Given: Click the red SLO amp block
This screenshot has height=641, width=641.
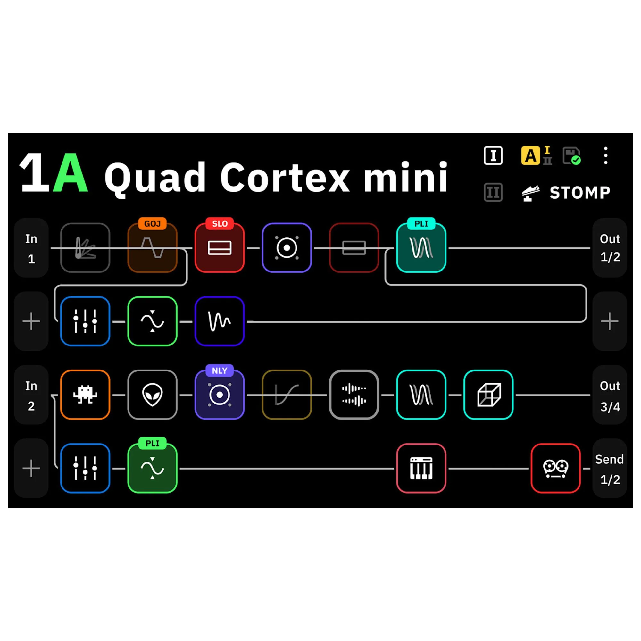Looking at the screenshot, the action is tap(220, 247).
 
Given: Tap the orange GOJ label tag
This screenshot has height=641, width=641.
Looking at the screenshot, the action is tap(152, 224).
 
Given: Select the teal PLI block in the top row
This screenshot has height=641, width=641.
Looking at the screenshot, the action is tap(421, 247).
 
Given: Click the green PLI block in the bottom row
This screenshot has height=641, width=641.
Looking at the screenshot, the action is tap(152, 468).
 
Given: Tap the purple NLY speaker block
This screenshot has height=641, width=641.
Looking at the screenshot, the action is tap(220, 395).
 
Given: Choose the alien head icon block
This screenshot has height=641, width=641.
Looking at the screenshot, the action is tap(152, 395).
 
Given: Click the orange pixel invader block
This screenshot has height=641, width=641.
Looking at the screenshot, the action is tap(85, 395).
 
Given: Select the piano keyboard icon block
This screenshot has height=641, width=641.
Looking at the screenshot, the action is tap(421, 468).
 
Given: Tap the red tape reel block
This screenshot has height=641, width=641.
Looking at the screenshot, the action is tap(555, 468).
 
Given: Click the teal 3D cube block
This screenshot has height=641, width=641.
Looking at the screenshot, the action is tap(488, 395).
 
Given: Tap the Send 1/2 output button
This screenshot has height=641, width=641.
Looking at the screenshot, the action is tap(610, 468).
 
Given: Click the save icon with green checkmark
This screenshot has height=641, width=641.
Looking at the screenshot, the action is tap(572, 156).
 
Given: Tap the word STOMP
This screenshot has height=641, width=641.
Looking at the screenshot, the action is tap(580, 193).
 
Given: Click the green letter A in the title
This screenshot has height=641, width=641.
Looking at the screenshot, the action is tap(71, 172).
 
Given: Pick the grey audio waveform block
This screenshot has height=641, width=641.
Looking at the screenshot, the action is tap(354, 395).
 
